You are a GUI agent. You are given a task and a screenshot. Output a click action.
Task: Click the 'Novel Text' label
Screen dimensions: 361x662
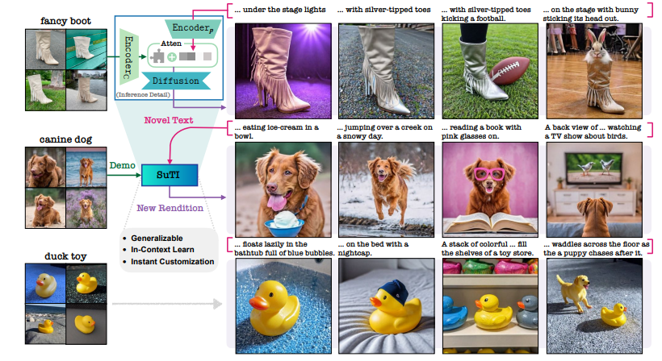click(167, 122)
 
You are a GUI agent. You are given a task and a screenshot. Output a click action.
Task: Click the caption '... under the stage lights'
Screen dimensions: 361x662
click(280, 10)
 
